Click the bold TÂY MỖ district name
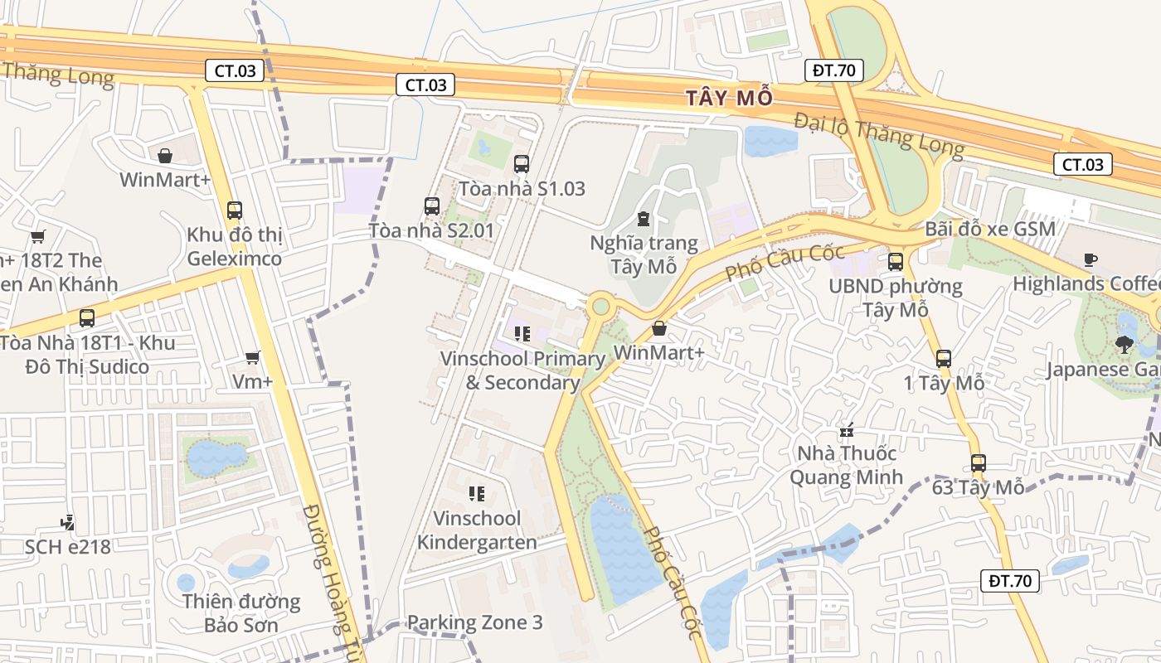[x=730, y=98]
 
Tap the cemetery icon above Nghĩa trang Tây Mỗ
[x=643, y=220]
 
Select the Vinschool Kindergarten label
[x=477, y=530]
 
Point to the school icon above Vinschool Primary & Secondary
[x=522, y=334]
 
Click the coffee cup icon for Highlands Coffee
[x=1091, y=260]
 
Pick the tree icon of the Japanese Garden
[x=1125, y=344]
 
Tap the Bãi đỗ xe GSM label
[x=990, y=229]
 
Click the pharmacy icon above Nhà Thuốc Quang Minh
[x=846, y=430]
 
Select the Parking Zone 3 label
[x=474, y=622]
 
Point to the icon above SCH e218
[x=68, y=522]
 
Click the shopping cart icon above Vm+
[x=253, y=357]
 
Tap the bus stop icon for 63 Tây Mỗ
[x=979, y=463]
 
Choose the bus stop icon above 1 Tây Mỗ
[x=944, y=359]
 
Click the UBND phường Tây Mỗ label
[x=896, y=298]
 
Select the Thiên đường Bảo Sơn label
[x=241, y=612]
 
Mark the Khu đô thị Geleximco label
[x=235, y=246]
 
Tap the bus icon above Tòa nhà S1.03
[x=522, y=164]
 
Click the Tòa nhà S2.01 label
[x=431, y=230]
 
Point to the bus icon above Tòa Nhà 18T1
[x=87, y=318]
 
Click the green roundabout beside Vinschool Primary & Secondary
[x=600, y=307]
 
